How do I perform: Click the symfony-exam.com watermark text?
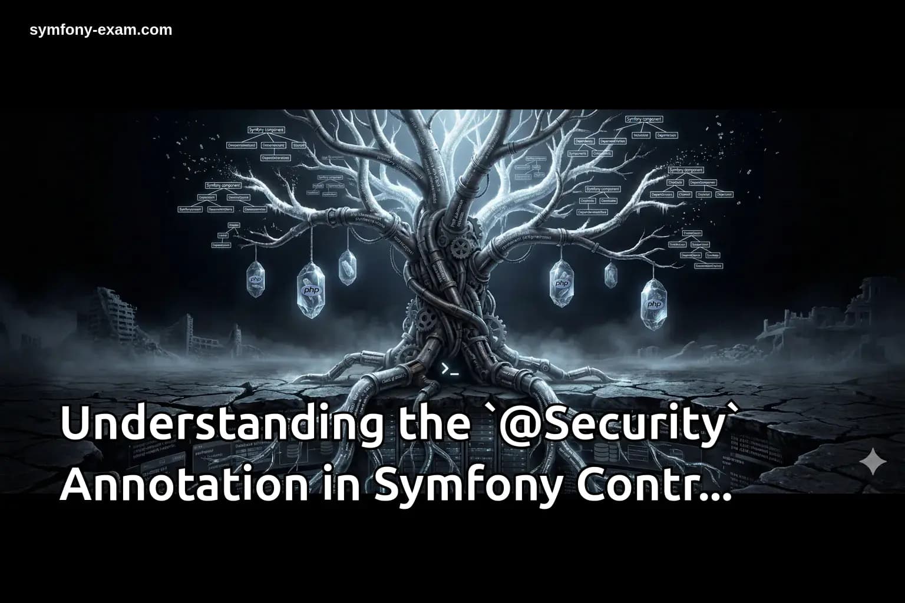point(101,30)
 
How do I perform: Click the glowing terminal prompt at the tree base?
point(450,370)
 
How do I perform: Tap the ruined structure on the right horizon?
point(866,306)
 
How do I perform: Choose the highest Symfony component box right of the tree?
point(644,120)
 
